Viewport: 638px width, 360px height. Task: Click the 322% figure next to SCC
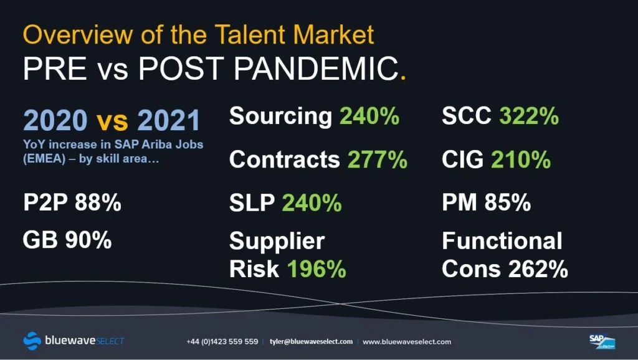(x=529, y=116)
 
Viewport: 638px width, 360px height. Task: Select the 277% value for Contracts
(x=377, y=159)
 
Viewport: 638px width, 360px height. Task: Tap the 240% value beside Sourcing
(x=369, y=116)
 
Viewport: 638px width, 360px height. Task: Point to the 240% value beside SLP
(x=312, y=202)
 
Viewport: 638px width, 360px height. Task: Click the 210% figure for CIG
(x=521, y=159)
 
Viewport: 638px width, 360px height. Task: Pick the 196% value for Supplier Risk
(x=317, y=269)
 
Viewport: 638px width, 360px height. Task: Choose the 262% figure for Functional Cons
(x=538, y=269)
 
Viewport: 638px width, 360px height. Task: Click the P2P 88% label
(x=72, y=202)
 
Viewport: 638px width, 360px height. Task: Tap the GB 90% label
(x=67, y=240)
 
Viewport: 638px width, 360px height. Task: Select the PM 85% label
(x=487, y=202)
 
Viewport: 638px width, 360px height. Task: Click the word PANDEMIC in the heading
(x=317, y=69)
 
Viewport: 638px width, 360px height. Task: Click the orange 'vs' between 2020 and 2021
(x=112, y=120)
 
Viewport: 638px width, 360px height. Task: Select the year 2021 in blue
(x=168, y=120)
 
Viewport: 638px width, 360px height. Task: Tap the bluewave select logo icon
(x=32, y=341)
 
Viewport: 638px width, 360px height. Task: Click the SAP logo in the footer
(x=602, y=341)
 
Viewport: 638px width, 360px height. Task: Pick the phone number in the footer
(x=222, y=342)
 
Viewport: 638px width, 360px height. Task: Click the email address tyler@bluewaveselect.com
(x=312, y=342)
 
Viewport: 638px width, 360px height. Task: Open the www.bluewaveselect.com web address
(x=407, y=342)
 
